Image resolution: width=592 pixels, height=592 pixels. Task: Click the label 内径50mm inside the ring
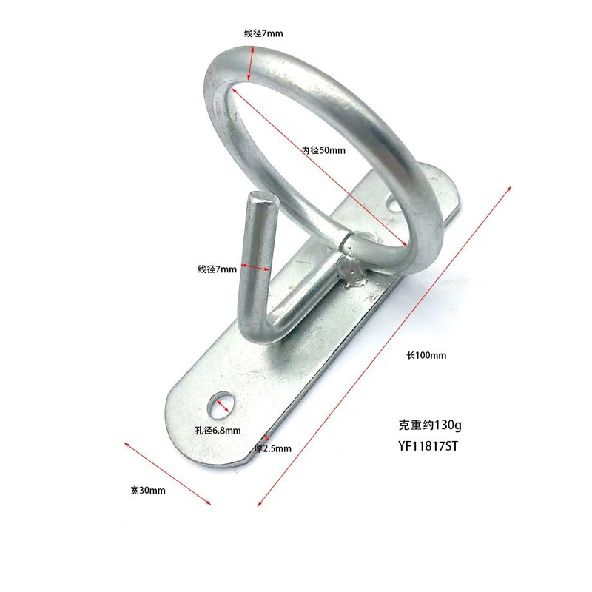tap(323, 150)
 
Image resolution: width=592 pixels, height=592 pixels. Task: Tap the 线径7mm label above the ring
tap(263, 33)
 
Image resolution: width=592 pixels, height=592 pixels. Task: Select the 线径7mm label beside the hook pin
tap(217, 269)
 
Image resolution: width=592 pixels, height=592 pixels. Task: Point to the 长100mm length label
tap(426, 355)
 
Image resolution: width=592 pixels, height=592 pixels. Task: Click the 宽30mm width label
tap(147, 491)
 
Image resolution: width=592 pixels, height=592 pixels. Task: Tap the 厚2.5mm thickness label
tap(273, 448)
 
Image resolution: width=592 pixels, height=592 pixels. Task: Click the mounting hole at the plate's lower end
tap(221, 404)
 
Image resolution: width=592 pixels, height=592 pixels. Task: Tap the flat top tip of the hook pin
tap(260, 197)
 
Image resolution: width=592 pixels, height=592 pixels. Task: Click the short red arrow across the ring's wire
tap(251, 64)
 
